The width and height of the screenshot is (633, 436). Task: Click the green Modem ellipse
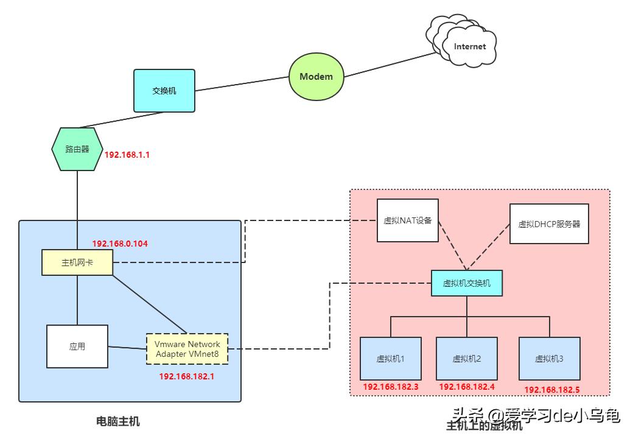click(316, 77)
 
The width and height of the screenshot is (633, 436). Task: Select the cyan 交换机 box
click(164, 90)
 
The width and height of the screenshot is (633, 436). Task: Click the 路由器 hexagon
click(77, 149)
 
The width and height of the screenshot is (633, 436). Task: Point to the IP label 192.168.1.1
click(127, 155)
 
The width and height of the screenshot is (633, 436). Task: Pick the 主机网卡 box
click(77, 262)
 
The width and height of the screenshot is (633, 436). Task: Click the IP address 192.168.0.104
click(120, 244)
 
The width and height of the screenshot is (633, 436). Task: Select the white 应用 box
click(77, 346)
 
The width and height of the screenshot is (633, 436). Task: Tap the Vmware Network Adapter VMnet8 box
click(187, 349)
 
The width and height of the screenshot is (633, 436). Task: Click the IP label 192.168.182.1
click(187, 376)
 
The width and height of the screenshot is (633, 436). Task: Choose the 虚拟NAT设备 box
click(407, 220)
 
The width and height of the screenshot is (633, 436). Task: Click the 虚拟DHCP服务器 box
click(549, 223)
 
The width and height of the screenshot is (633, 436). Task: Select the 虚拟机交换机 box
click(467, 283)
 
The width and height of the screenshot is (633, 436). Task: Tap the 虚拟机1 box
click(391, 359)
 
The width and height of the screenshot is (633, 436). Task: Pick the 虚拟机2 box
click(467, 359)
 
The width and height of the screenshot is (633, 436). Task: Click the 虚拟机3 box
click(549, 359)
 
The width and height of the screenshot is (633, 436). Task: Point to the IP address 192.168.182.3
click(391, 387)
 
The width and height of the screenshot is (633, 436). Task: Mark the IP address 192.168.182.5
click(552, 389)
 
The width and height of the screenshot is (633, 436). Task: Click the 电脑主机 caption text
click(118, 421)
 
